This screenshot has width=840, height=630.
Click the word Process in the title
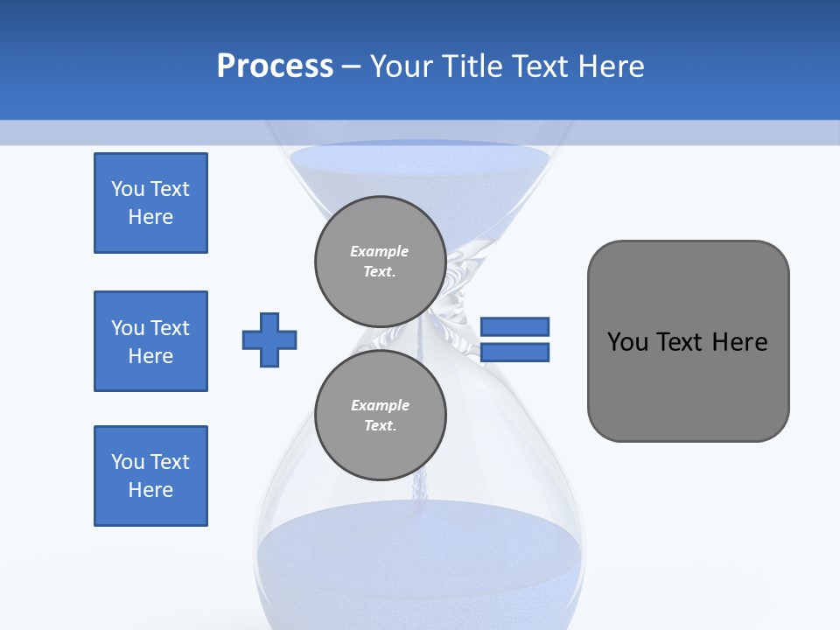point(275,66)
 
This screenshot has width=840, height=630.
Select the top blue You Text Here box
point(150,203)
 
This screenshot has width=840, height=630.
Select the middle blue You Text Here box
point(150,341)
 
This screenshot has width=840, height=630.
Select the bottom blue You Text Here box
point(150,476)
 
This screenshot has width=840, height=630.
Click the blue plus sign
point(269,339)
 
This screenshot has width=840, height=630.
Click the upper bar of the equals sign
point(514,326)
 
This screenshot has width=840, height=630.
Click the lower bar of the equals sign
point(514,353)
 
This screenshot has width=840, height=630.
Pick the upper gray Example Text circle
point(381,261)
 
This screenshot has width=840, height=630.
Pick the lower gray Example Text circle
point(381,415)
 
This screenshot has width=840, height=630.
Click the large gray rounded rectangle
point(688,385)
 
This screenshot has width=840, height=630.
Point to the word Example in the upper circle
point(379,251)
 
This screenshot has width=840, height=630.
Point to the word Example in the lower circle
point(380,405)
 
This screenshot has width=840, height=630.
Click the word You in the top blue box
point(126,189)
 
